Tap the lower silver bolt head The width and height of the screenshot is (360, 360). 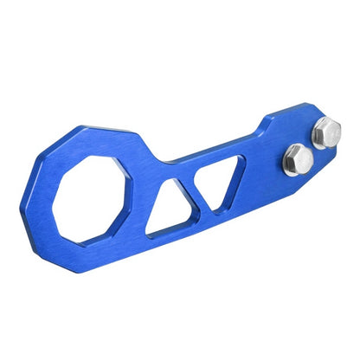[296, 159]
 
